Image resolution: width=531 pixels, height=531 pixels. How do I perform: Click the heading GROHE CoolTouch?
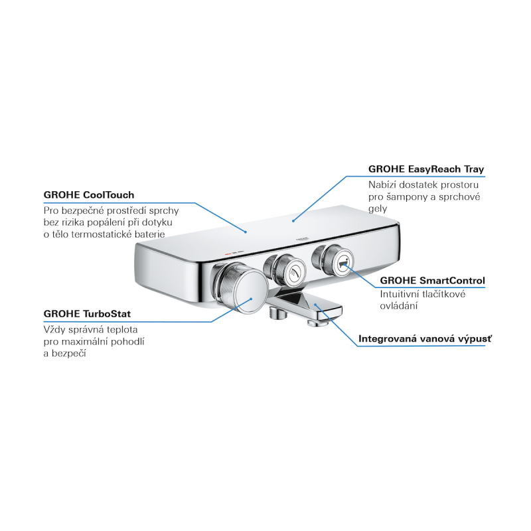[x=89, y=195]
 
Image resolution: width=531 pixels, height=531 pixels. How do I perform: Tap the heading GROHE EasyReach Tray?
[x=426, y=169]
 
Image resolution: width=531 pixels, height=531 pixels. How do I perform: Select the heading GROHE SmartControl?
[x=432, y=280]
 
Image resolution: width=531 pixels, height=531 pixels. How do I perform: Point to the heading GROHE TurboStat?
[x=87, y=314]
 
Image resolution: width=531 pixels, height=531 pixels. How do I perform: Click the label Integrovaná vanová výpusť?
[x=425, y=339]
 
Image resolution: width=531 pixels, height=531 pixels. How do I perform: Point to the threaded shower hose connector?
[x=277, y=313]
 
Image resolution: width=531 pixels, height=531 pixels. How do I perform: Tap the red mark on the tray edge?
[x=228, y=253]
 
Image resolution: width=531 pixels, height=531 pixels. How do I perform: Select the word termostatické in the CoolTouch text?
[x=112, y=234]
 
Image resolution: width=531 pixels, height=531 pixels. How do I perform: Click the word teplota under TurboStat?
[x=122, y=330]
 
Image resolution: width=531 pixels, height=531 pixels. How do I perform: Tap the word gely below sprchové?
[x=378, y=209]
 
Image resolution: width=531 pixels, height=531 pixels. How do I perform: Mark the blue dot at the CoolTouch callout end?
[x=246, y=232]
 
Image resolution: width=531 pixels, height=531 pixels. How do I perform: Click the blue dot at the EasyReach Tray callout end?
[x=293, y=221]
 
